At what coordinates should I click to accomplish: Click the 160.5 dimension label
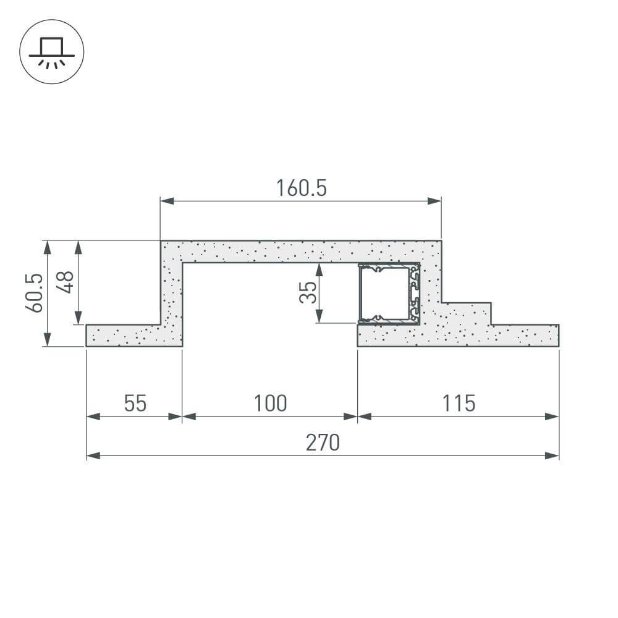click(301, 188)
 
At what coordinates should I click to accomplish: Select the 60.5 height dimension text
click(35, 293)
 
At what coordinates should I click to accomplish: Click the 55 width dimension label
click(135, 404)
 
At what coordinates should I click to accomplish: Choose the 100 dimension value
click(270, 404)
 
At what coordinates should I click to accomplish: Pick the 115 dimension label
click(459, 404)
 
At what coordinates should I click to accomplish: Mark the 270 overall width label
click(323, 443)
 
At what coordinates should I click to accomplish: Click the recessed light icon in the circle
click(52, 52)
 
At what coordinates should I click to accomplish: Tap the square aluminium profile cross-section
click(389, 294)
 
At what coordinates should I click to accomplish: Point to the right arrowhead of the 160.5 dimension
click(435, 201)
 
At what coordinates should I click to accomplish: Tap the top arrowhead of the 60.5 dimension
click(47, 247)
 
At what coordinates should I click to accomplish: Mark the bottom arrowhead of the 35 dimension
click(319, 317)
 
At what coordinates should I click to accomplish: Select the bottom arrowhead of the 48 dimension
click(78, 318)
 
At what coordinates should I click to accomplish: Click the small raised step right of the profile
click(467, 313)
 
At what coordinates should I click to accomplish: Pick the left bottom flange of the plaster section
click(124, 335)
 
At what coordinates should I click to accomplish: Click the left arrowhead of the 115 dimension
click(364, 417)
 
